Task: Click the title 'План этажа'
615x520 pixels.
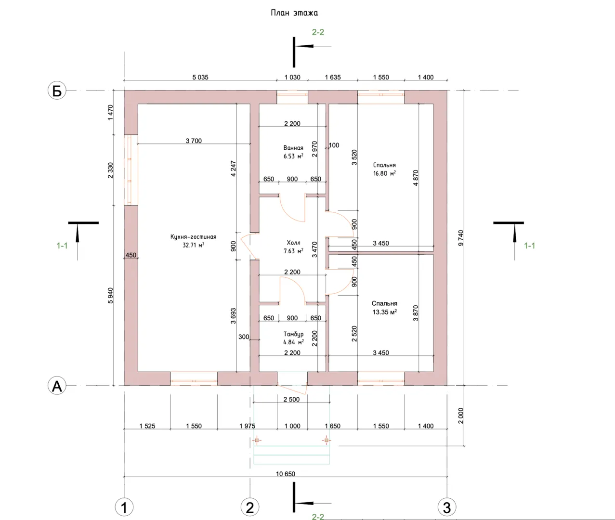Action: pos(294,13)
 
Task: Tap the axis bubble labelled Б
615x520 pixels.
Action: pos(57,91)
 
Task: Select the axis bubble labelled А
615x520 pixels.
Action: pos(57,386)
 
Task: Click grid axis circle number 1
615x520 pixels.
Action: pos(124,507)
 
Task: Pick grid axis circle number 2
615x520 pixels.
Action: pos(249,507)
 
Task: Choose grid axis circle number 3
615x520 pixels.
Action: pos(447,507)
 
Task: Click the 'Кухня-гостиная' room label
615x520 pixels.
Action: pos(193,237)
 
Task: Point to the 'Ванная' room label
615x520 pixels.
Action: pos(293,148)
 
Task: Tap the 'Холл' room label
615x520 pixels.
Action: pos(293,243)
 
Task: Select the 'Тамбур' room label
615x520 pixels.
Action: pos(293,334)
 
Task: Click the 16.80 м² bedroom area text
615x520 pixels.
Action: pos(384,173)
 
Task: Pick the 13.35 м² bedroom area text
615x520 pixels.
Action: pos(384,312)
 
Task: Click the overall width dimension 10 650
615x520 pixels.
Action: pos(285,474)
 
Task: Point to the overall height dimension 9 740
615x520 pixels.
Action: pos(461,238)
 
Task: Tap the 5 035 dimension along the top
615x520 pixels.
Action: pos(200,77)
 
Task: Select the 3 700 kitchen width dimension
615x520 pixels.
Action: pos(194,141)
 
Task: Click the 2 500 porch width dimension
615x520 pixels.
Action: pos(291,399)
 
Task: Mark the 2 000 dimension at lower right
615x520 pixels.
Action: pos(461,416)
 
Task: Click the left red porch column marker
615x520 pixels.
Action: pos(257,440)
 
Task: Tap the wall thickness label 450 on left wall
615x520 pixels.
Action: pos(131,255)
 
